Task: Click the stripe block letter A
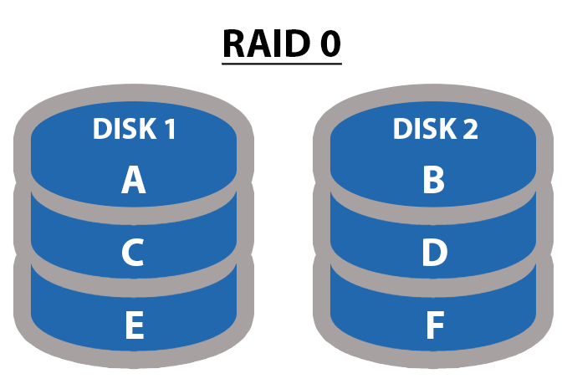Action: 133,180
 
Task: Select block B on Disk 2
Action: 433,180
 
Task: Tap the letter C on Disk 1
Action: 134,253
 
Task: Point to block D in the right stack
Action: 434,253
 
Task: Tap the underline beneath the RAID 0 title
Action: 282,63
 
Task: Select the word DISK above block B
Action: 423,130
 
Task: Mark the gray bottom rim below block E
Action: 134,361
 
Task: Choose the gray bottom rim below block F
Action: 434,361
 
